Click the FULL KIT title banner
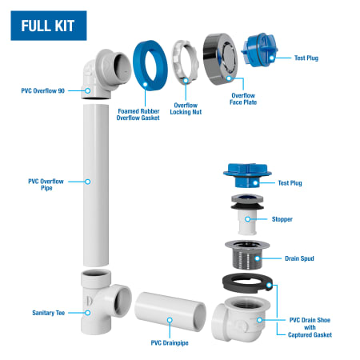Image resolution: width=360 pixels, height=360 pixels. pos(49,26)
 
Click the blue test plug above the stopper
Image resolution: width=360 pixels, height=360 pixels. pos(247,175)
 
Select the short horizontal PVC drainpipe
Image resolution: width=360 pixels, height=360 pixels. pos(170,311)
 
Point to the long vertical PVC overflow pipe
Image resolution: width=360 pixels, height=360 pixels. pos(96,186)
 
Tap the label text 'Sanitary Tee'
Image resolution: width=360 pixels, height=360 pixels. pos(49,313)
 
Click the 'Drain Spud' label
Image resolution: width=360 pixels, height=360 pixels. pos(299,258)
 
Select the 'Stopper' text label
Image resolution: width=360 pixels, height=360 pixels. pos(282,219)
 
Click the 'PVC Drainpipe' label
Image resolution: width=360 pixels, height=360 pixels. pos(170,343)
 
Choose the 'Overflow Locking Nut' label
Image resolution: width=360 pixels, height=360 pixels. pos(186,109)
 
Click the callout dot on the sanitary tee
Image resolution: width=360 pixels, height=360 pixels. pos(87,313)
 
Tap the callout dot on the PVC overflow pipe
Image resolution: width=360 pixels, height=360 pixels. pos(87,182)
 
